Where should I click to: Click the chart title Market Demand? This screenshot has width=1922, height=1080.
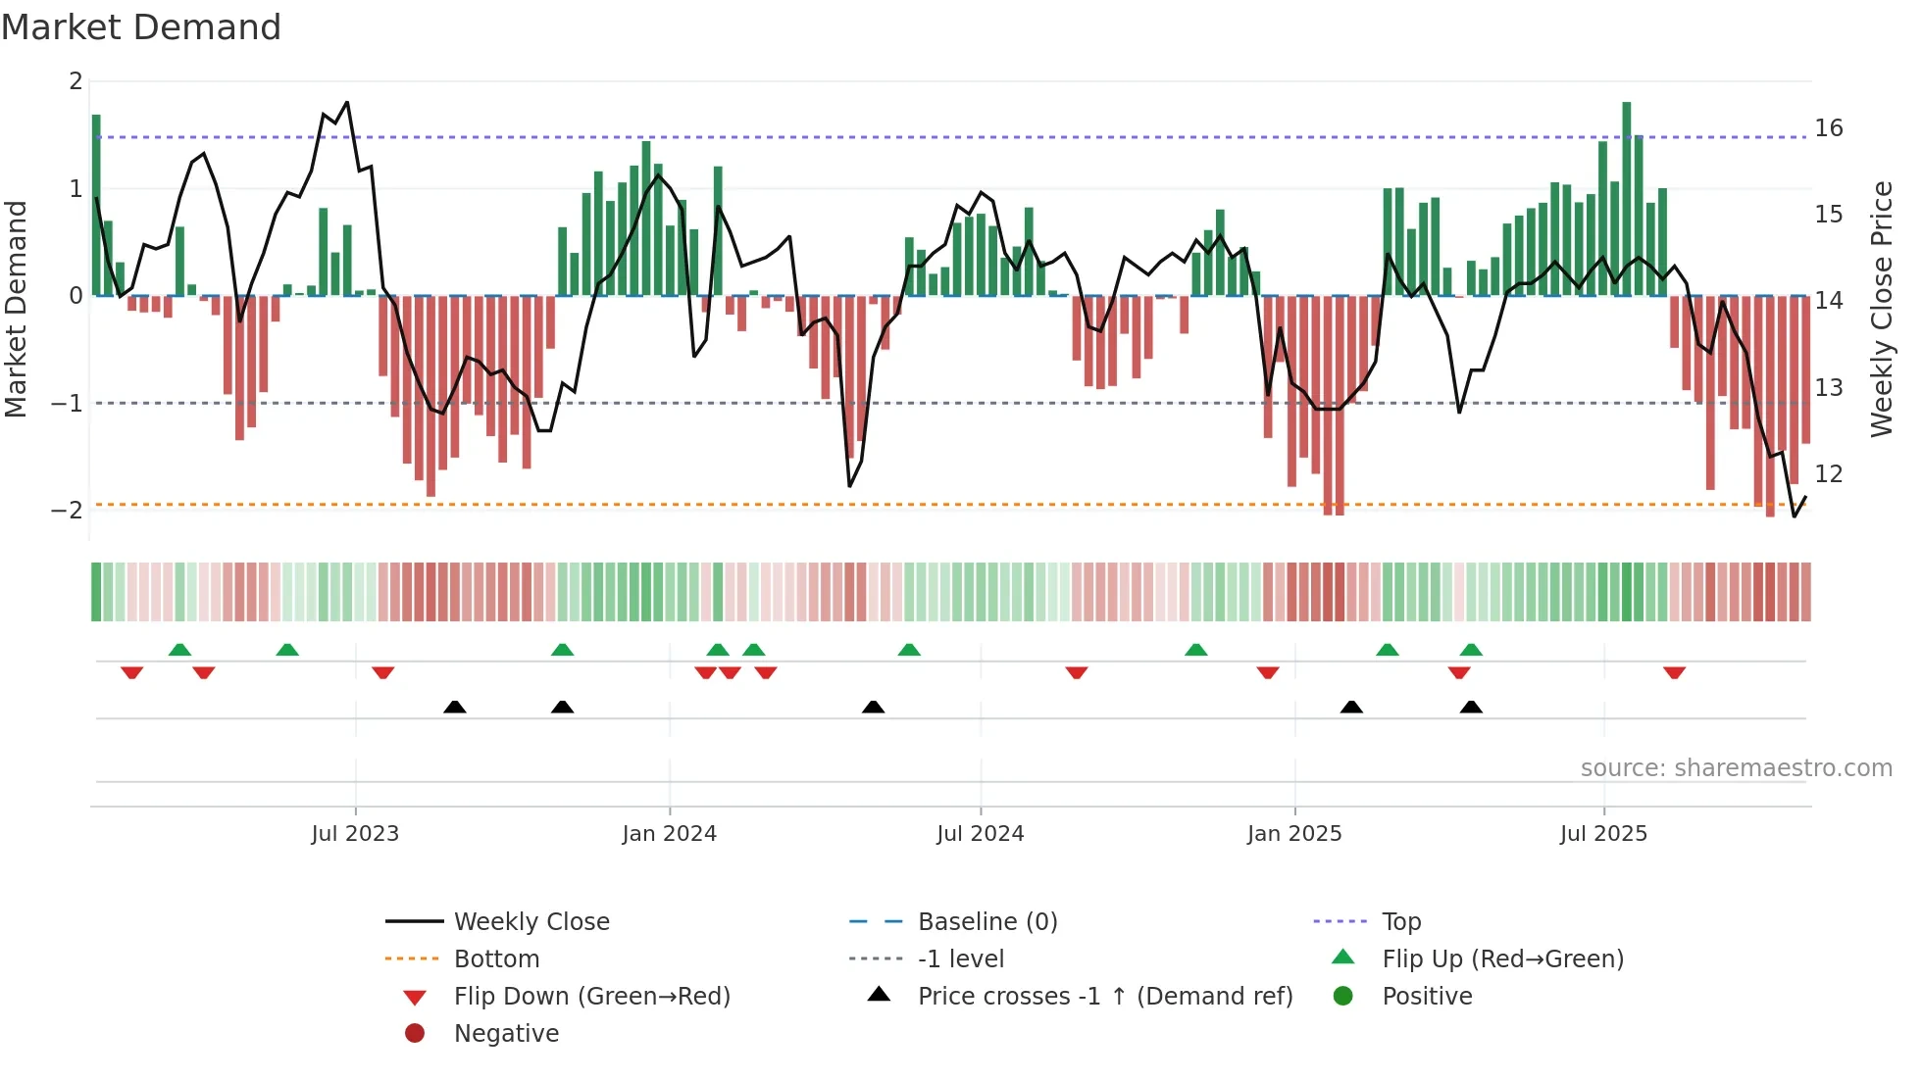click(x=141, y=27)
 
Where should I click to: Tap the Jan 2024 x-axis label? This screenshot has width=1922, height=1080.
click(x=669, y=834)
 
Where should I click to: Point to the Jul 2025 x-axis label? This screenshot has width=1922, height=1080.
click(x=1603, y=834)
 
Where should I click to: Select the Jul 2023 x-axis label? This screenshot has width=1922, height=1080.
click(x=355, y=834)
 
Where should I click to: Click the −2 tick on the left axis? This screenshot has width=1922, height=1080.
click(x=67, y=511)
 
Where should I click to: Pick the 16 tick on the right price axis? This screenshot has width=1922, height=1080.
click(x=1828, y=128)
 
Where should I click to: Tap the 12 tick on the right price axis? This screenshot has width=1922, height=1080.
click(x=1828, y=474)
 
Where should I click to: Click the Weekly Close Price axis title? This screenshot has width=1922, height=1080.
click(x=1881, y=309)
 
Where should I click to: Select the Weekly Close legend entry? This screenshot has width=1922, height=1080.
click(x=531, y=922)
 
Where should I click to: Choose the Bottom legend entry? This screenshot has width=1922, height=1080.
click(x=496, y=959)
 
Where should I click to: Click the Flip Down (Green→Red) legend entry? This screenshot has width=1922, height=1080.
click(x=591, y=997)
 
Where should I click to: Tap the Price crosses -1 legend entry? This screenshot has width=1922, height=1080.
click(x=1104, y=997)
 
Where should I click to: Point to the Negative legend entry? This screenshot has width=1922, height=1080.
click(x=506, y=1034)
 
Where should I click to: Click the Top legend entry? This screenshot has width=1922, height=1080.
click(x=1400, y=922)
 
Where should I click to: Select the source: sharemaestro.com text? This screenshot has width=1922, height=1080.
click(x=1736, y=768)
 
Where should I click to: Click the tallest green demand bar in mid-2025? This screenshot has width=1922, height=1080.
click(x=1627, y=196)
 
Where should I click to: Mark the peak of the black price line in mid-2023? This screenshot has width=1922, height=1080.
click(x=347, y=103)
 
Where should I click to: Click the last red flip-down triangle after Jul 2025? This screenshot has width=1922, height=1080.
click(x=1674, y=673)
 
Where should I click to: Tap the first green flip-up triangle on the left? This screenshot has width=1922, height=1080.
click(x=179, y=650)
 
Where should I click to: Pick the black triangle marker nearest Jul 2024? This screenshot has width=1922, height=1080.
click(x=873, y=707)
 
